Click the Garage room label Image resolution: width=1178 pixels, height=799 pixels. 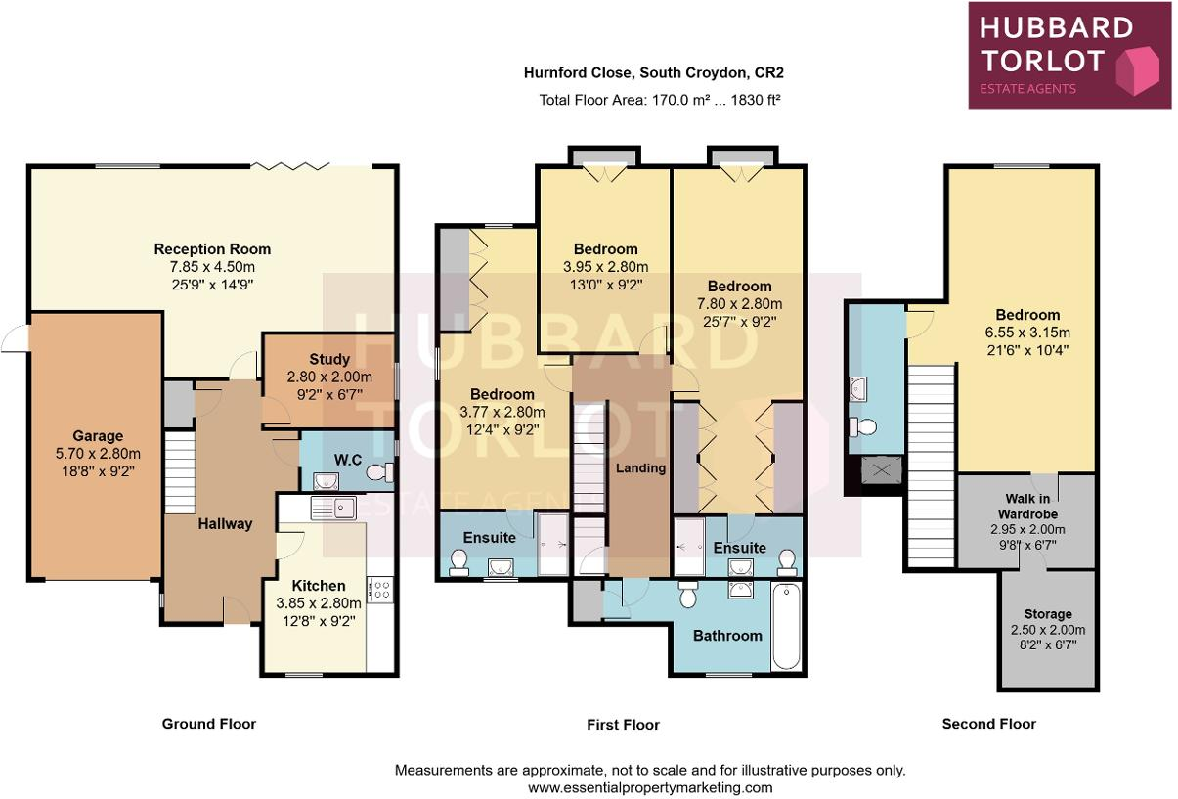coord(98,436)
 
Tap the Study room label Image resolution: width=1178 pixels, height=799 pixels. coord(329,359)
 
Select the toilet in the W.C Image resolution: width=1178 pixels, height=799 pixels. coord(379,471)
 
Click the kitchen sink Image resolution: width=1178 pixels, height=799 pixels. coord(333,509)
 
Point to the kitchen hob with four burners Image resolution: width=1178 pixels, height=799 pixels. coord(379,589)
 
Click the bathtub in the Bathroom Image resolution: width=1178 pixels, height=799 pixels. coord(786,626)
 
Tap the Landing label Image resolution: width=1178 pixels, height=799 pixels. coord(640,467)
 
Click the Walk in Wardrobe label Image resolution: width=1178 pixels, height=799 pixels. coord(1027,506)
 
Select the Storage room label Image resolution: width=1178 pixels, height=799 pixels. coord(1048,614)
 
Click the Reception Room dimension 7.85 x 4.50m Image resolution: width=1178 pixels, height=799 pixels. coord(212,267)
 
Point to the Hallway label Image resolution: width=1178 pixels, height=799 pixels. coord(225,524)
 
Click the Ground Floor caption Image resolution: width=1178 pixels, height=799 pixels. coord(209,724)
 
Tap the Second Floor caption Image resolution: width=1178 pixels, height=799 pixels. coord(988,724)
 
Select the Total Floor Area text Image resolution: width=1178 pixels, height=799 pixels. coord(660,100)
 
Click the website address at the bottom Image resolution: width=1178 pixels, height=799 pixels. coord(650,787)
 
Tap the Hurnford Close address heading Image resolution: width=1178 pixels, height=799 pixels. coord(654,72)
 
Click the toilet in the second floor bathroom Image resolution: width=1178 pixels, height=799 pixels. coord(863,426)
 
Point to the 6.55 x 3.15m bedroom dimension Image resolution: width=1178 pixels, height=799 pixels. coord(1027,333)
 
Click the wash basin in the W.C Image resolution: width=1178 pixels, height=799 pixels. coord(326,481)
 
